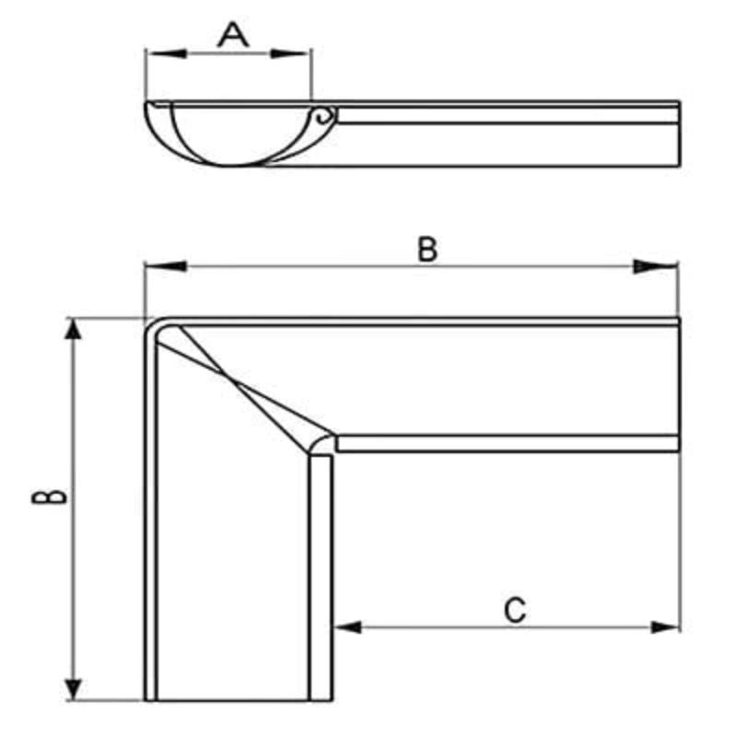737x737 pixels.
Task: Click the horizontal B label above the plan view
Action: pyautogui.click(x=427, y=249)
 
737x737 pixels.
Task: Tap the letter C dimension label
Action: pyautogui.click(x=515, y=610)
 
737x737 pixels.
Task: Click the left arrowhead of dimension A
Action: pyautogui.click(x=166, y=53)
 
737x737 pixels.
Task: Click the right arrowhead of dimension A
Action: pyautogui.click(x=290, y=53)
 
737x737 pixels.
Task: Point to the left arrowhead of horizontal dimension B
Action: pyautogui.click(x=166, y=266)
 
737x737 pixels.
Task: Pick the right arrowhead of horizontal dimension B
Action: pyautogui.click(x=656, y=266)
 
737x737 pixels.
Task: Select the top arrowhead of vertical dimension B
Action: pyautogui.click(x=73, y=329)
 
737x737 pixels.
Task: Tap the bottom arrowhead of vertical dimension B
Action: pyautogui.click(x=73, y=689)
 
